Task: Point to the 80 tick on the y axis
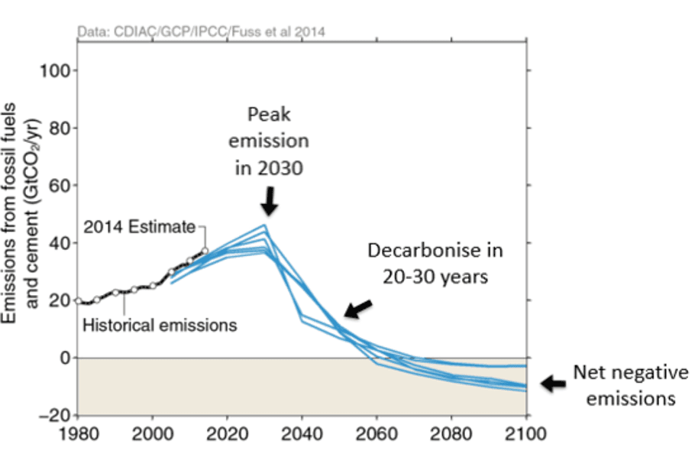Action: (x=61, y=128)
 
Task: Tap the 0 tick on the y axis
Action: (x=66, y=358)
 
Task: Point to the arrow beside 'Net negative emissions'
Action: (x=553, y=384)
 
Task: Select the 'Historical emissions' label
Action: (x=159, y=325)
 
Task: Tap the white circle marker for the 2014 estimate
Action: (x=205, y=251)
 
